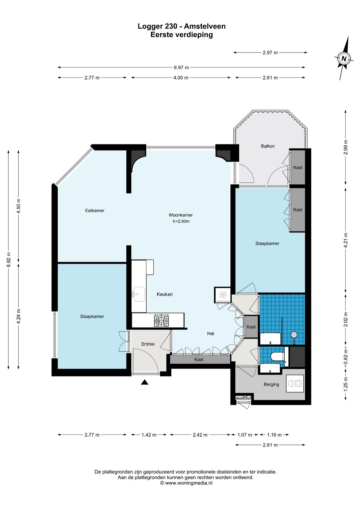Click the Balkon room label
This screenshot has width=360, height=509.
click(x=268, y=146)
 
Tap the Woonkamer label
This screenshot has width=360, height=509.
click(x=181, y=215)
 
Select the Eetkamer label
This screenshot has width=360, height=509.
click(x=95, y=210)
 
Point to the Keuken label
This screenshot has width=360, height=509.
click(x=165, y=294)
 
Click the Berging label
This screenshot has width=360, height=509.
click(x=271, y=384)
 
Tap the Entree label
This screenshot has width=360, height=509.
click(x=148, y=344)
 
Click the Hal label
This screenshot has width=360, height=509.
click(x=211, y=334)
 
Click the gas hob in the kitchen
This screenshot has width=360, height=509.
click(x=161, y=321)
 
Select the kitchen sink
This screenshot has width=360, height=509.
click(x=139, y=294)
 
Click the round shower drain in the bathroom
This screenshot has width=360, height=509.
click(x=294, y=334)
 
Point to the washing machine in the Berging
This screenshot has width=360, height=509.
click(x=295, y=384)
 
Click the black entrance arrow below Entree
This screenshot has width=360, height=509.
click(x=144, y=383)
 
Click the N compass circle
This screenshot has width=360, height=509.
click(x=344, y=59)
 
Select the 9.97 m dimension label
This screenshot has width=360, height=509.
click(x=181, y=67)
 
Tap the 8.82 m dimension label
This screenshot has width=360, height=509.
click(x=9, y=260)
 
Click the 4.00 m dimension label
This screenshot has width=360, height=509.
click(x=181, y=78)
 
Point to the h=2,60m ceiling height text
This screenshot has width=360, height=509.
click(x=181, y=221)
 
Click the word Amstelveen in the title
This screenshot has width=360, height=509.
click(x=205, y=26)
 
